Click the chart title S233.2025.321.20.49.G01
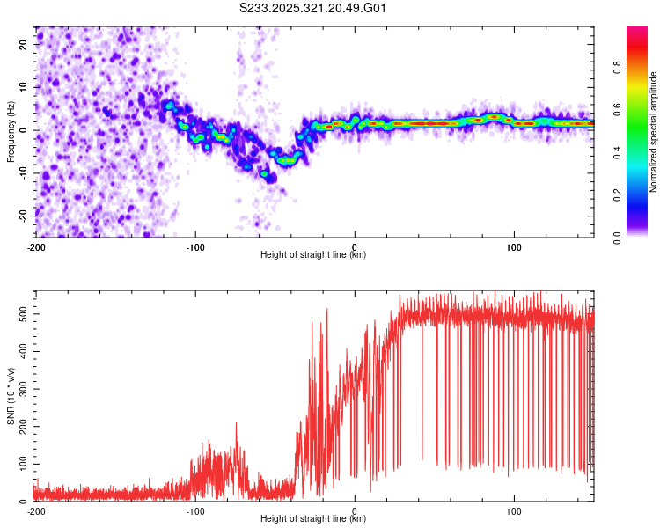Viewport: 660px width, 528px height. click(x=312, y=8)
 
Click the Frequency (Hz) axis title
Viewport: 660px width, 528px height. click(x=11, y=132)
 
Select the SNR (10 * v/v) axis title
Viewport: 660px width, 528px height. click(x=11, y=396)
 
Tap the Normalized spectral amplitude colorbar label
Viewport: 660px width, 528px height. click(x=653, y=132)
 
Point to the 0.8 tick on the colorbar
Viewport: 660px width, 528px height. click(x=617, y=68)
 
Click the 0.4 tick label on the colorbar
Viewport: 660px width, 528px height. click(x=617, y=153)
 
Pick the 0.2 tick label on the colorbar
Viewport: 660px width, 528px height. click(x=617, y=195)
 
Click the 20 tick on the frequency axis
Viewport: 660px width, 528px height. click(x=24, y=44)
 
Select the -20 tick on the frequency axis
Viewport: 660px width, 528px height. click(x=24, y=216)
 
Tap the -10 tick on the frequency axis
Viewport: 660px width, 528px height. click(x=24, y=173)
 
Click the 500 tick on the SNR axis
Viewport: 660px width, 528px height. click(x=24, y=314)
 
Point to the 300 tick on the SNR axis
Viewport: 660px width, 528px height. click(x=24, y=389)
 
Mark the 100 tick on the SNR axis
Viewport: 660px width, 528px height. click(x=24, y=464)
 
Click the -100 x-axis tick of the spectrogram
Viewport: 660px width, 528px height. click(x=195, y=247)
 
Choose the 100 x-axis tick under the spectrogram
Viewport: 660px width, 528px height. click(x=514, y=247)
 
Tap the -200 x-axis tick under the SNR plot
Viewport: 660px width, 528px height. click(x=36, y=511)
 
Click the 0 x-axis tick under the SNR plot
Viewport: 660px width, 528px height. click(x=355, y=511)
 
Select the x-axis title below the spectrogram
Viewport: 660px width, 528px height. click(x=313, y=254)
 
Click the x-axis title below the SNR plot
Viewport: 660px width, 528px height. click(x=313, y=518)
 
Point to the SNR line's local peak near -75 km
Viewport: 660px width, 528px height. click(x=236, y=423)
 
